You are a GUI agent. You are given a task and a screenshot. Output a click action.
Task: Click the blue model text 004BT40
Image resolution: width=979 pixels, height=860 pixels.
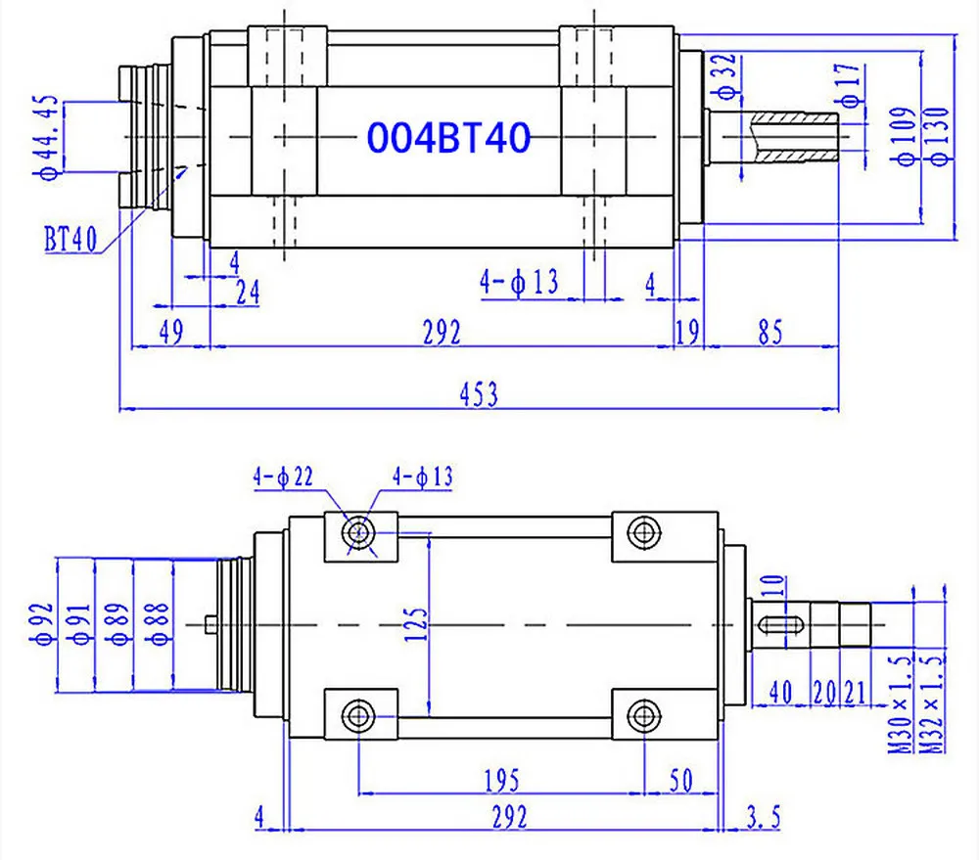click(x=448, y=137)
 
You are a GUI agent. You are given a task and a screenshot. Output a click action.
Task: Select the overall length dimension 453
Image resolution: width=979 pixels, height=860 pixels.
click(x=481, y=394)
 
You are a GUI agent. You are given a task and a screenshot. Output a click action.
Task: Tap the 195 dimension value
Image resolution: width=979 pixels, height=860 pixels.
click(x=500, y=780)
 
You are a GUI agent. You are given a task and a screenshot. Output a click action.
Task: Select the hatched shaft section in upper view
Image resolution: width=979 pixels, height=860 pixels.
click(x=796, y=137)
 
